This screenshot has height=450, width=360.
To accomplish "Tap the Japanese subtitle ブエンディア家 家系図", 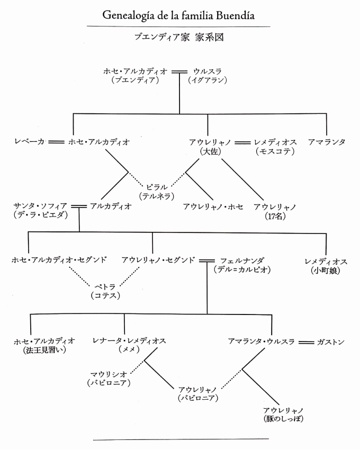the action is pyautogui.click(x=179, y=37).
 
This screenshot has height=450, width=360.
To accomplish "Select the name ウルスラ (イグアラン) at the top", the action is pyautogui.click(x=208, y=76).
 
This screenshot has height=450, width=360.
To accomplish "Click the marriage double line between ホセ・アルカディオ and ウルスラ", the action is pyautogui.click(x=179, y=72).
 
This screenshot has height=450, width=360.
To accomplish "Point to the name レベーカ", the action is pyautogui.click(x=29, y=141).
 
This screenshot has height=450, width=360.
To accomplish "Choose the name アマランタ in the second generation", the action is pyautogui.click(x=327, y=142).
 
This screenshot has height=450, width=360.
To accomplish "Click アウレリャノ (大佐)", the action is pyautogui.click(x=210, y=146).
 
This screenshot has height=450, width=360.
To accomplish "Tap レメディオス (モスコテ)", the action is pyautogui.click(x=275, y=146).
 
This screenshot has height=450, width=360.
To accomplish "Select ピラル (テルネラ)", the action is pyautogui.click(x=157, y=192).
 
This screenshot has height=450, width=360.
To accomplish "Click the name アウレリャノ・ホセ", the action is pyautogui.click(x=213, y=206).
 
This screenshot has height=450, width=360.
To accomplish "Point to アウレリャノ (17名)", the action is pyautogui.click(x=275, y=211).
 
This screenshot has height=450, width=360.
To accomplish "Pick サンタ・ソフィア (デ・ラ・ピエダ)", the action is pyautogui.click(x=40, y=210).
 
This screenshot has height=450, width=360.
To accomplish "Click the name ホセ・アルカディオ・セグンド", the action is pyautogui.click(x=59, y=260).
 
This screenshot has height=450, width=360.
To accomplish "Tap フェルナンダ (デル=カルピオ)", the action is pyautogui.click(x=242, y=265).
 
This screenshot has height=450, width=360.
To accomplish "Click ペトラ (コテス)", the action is pyautogui.click(x=105, y=291).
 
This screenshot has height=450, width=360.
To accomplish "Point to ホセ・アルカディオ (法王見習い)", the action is pyautogui.click(x=44, y=345).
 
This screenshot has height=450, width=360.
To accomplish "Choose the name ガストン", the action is pyautogui.click(x=331, y=342).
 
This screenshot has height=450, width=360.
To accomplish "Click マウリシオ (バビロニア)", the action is pyautogui.click(x=109, y=378).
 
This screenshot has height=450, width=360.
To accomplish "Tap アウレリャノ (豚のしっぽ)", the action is pyautogui.click(x=283, y=415).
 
